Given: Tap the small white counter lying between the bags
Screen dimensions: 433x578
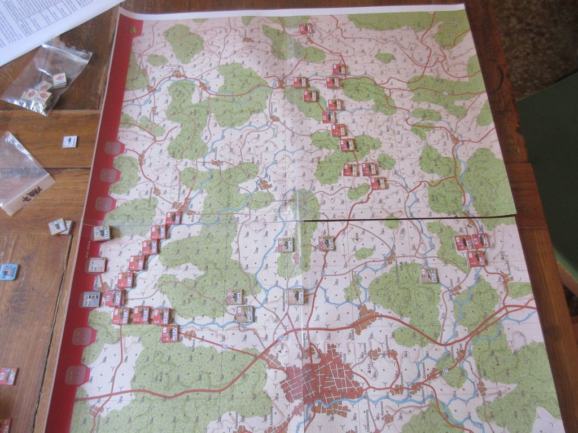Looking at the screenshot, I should [70, 142].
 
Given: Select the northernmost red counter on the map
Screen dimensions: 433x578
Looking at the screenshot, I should [305, 28].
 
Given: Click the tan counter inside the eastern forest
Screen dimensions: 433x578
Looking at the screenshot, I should [429, 275].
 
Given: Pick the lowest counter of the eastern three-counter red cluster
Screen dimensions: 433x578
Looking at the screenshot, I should [476, 258].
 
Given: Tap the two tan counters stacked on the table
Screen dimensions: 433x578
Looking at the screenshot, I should [59, 227].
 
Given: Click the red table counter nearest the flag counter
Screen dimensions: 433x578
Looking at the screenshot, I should [8, 375].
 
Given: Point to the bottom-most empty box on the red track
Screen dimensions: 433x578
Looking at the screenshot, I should [77, 375].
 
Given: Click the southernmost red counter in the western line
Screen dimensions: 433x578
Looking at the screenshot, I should [169, 333].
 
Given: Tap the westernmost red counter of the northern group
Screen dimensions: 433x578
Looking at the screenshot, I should [300, 82].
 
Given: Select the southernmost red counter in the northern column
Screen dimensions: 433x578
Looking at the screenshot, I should [378, 183].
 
